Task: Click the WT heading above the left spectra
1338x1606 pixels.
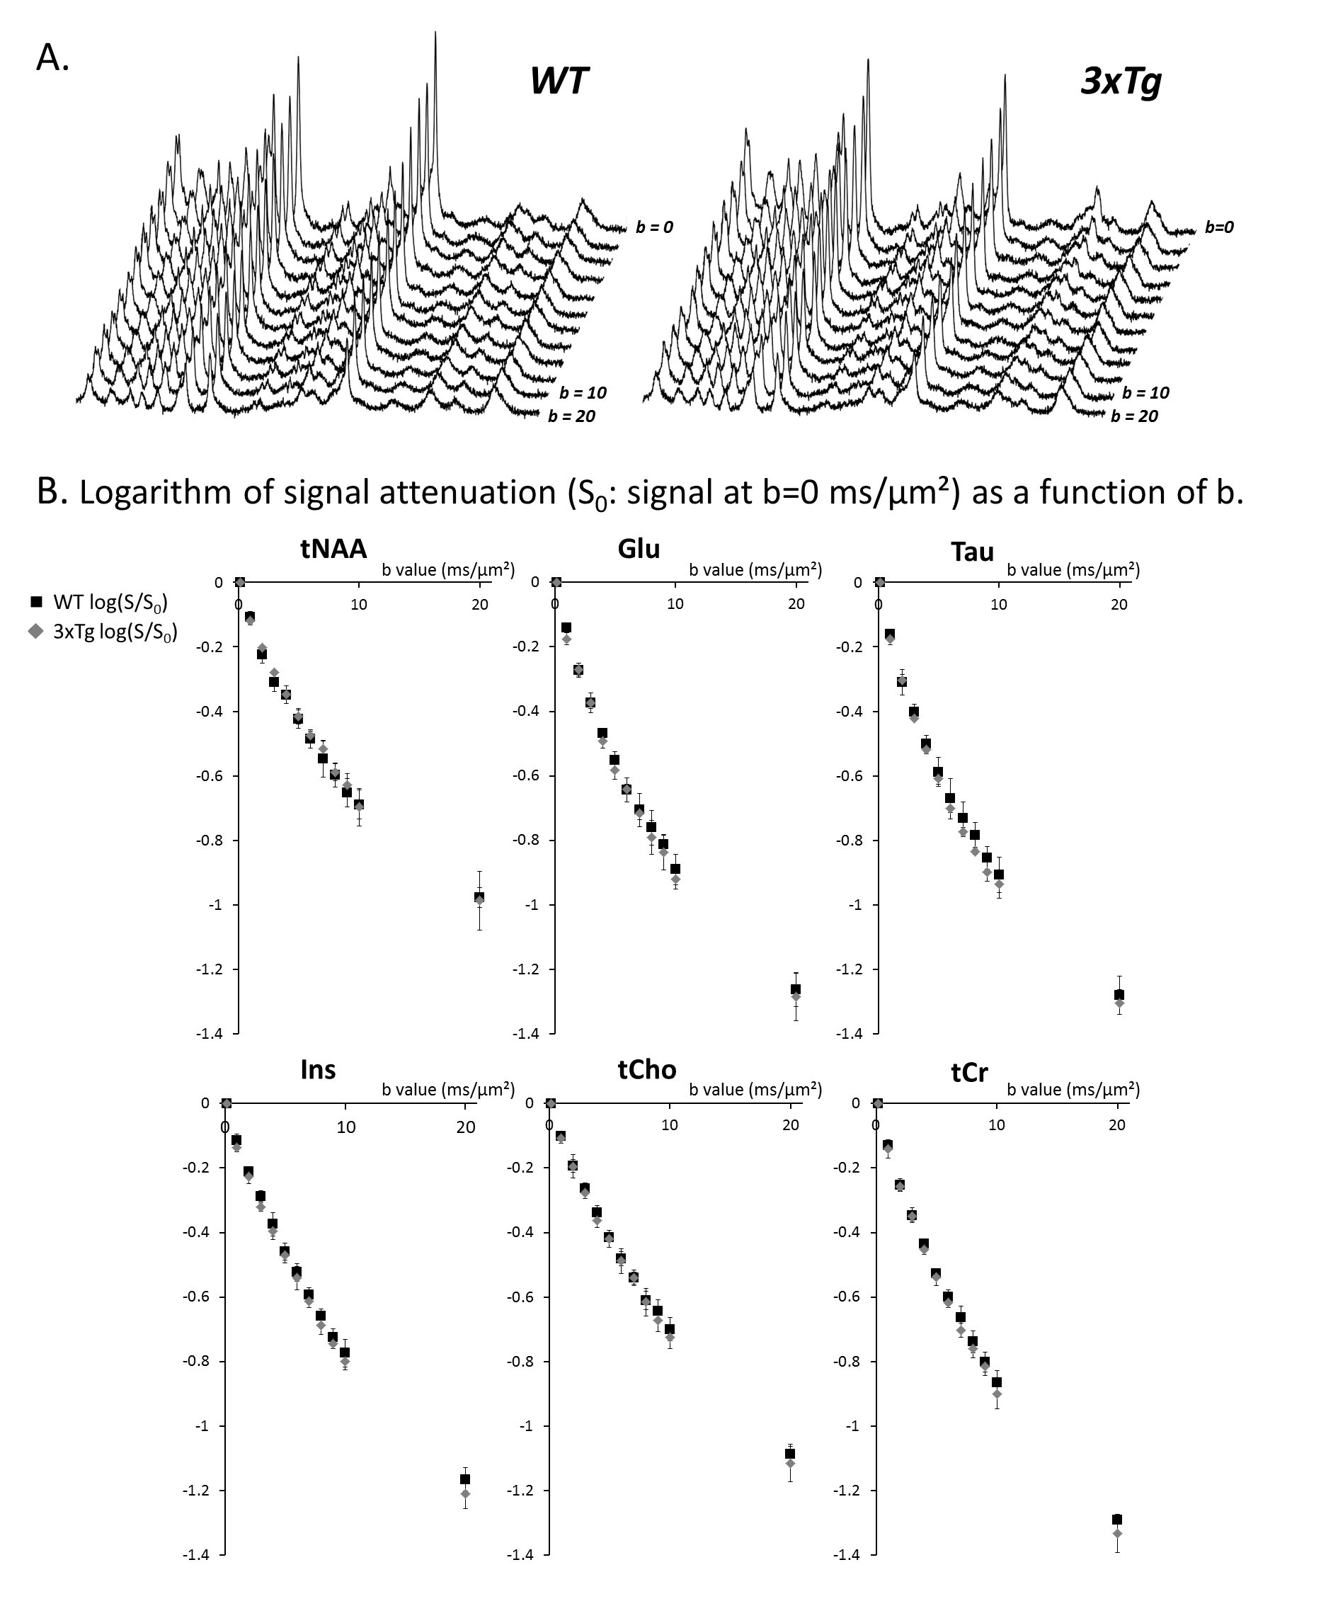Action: (x=559, y=80)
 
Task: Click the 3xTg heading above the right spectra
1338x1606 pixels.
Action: (x=1121, y=81)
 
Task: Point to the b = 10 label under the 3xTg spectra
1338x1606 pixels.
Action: (x=1145, y=393)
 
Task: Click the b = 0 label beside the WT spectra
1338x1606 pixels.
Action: (x=654, y=227)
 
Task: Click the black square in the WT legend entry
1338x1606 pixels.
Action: (x=35, y=602)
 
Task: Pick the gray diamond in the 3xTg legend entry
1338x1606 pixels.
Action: (x=35, y=632)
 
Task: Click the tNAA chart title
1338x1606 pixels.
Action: (x=333, y=549)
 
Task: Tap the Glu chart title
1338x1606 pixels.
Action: (x=639, y=549)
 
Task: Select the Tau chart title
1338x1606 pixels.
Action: (x=972, y=552)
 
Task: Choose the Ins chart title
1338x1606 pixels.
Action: (x=318, y=1069)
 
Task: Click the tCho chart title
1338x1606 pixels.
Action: (x=647, y=1069)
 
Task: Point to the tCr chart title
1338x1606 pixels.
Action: (x=969, y=1072)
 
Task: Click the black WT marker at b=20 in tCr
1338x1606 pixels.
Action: (x=1117, y=1520)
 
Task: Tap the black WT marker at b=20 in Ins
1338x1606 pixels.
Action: (x=465, y=1479)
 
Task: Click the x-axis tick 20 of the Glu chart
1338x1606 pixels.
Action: (x=796, y=604)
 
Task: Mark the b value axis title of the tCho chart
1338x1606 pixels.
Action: (x=755, y=1090)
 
